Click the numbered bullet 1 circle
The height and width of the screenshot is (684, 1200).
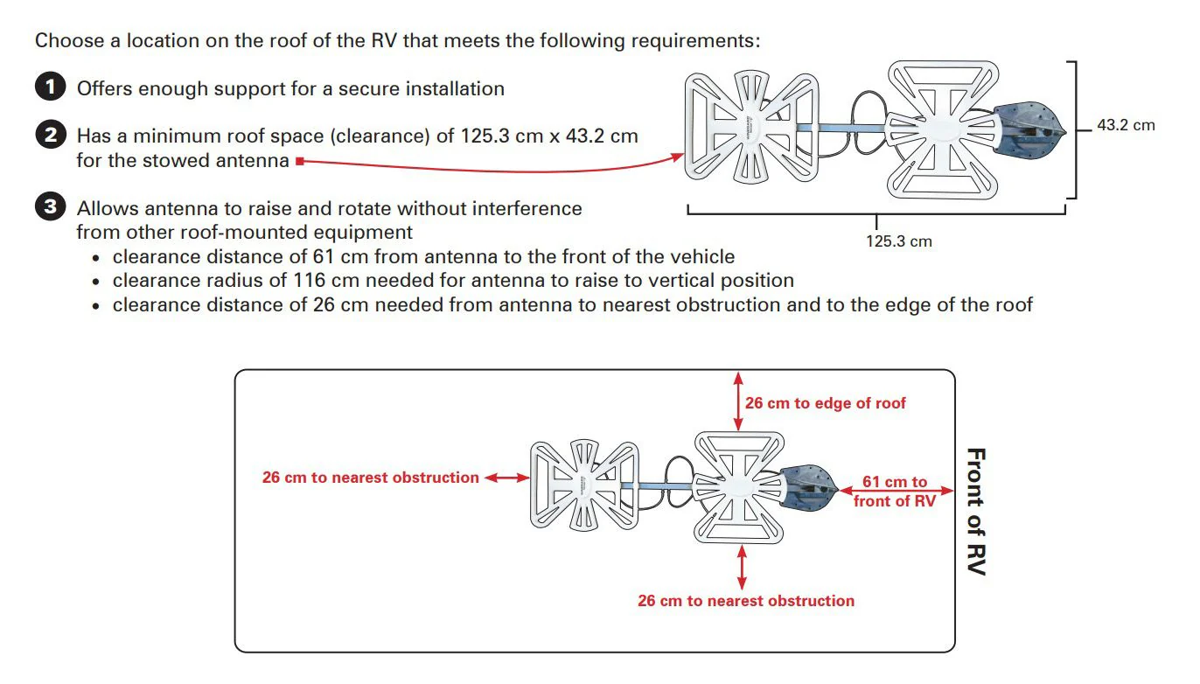[51, 87]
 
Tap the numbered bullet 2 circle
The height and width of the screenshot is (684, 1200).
[51, 136]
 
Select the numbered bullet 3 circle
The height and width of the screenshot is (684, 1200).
[51, 208]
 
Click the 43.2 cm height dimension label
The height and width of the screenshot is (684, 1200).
[1126, 125]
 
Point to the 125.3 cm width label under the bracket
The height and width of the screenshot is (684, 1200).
[899, 241]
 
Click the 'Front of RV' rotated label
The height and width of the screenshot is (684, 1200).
[976, 512]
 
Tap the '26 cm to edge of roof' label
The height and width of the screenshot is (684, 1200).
[826, 403]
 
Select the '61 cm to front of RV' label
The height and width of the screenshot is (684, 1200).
[895, 492]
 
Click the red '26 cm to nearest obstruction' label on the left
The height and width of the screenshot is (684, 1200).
[371, 478]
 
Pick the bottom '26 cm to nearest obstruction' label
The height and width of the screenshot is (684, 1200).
[746, 601]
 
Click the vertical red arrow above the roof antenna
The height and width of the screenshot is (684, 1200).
[739, 400]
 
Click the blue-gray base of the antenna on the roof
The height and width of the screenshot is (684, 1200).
[809, 486]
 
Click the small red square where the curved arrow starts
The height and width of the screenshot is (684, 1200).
[299, 161]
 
